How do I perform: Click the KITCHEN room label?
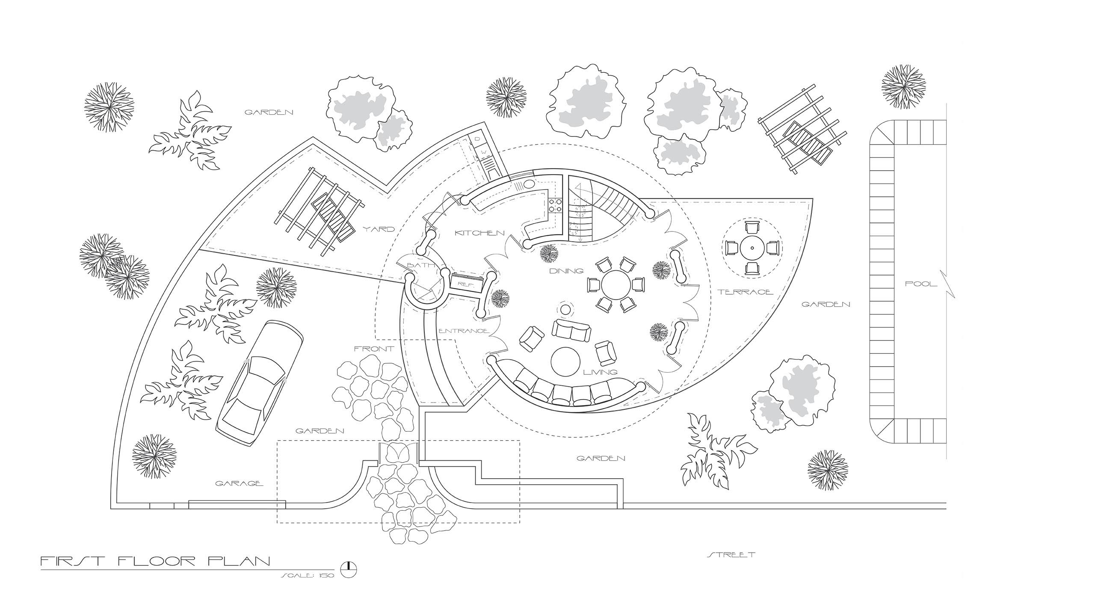click(x=479, y=233)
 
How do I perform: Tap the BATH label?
click(x=421, y=266)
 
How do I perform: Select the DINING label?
click(x=566, y=271)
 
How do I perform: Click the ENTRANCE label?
click(x=463, y=331)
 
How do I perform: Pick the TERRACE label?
click(x=745, y=292)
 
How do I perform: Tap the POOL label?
click(x=921, y=284)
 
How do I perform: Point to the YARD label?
click(x=379, y=229)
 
